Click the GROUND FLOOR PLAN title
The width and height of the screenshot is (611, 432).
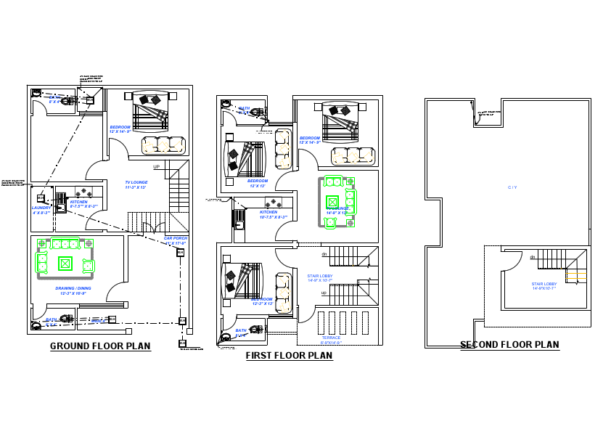coord(100,346)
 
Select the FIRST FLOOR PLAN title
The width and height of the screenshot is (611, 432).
coord(289,356)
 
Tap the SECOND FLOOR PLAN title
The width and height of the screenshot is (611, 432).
coord(509,345)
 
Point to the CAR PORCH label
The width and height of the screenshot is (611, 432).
coord(176,239)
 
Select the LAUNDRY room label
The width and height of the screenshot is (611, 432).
coord(41,208)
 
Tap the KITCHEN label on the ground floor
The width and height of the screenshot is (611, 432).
coord(79,203)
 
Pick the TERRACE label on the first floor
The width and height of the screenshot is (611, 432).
coord(330,338)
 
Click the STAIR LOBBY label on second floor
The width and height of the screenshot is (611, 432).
coord(544,285)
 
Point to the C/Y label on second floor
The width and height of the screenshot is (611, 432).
coord(512,187)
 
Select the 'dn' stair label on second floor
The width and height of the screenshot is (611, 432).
coord(533,257)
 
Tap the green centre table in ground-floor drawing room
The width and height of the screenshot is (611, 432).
coord(65,264)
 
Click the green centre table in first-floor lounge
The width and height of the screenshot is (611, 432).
coord(332,201)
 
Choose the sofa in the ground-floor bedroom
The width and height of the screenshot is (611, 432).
coord(162,144)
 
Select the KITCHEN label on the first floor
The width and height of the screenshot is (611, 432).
coord(268,213)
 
